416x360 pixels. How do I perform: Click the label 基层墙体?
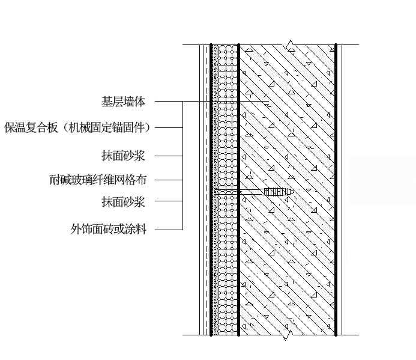coord(124,102)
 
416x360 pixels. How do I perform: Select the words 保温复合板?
coord(31,127)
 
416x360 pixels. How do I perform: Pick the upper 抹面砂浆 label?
coord(124,156)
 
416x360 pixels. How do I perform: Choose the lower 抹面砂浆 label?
coord(124,202)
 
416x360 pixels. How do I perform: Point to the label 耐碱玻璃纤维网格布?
coord(98,180)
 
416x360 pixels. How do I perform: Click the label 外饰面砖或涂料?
coord(108,229)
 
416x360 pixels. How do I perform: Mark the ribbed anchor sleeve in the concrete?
coord(279,192)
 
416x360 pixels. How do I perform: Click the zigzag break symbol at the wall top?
coord(288,45)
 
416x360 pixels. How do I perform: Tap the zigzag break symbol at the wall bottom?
coord(288,335)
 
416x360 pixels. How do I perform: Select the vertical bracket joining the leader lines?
coord(183,165)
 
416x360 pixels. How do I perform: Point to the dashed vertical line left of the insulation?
coord(206,190)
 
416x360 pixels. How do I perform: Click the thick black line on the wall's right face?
coord(336,190)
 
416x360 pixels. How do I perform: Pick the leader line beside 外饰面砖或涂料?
coord(169,230)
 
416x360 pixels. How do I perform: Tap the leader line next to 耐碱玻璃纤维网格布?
coord(169,180)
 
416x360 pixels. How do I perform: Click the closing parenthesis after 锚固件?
coord(148,127)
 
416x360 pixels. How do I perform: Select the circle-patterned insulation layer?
coord(228,190)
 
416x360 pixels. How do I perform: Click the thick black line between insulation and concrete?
coord(238,190)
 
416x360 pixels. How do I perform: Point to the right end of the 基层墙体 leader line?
coord(269,101)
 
